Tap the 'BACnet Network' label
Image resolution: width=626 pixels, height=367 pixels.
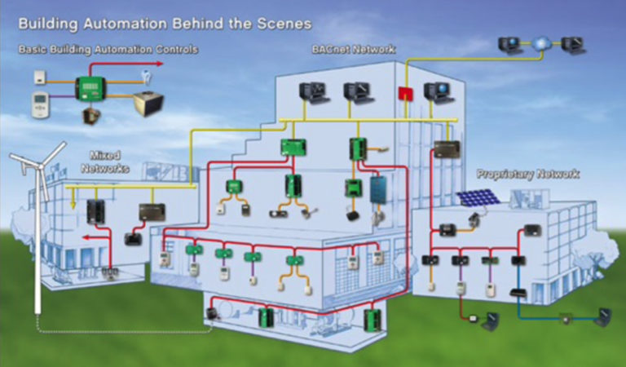(x=353, y=49)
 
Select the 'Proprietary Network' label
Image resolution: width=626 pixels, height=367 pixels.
(x=527, y=174)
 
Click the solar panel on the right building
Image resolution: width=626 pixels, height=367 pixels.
(x=478, y=198)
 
